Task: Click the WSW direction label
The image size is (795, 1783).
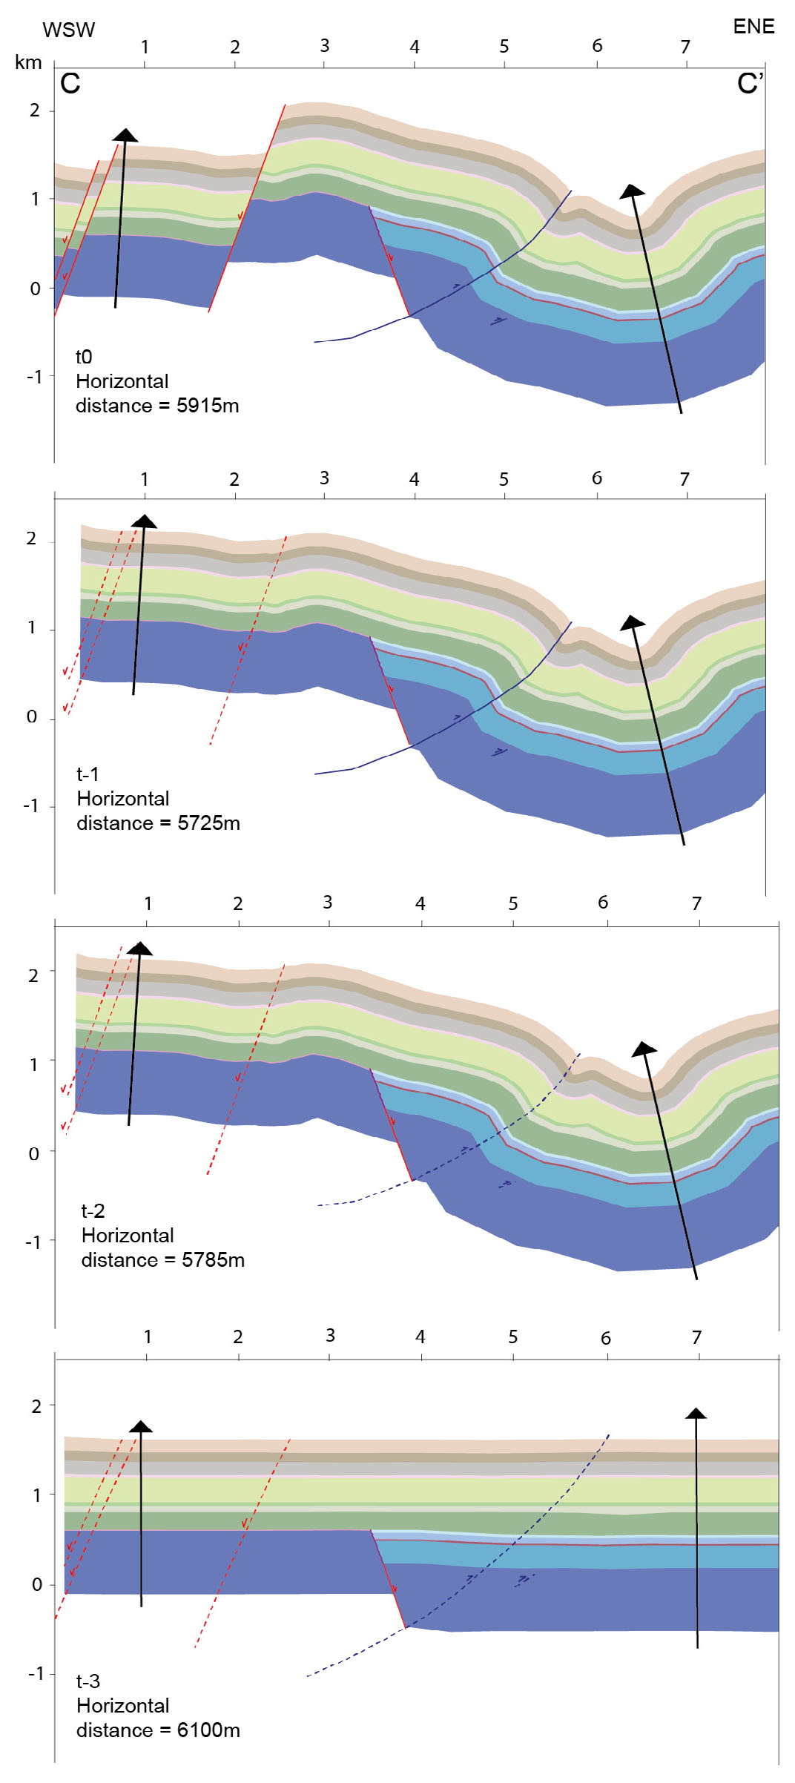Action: click(x=69, y=30)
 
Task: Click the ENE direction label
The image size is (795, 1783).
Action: click(x=753, y=27)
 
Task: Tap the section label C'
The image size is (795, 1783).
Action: click(x=750, y=83)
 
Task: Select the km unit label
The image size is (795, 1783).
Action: click(x=28, y=62)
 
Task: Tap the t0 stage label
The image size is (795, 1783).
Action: click(x=84, y=357)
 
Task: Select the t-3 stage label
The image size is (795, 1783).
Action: click(x=88, y=1681)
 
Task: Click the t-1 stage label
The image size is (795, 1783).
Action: click(x=88, y=774)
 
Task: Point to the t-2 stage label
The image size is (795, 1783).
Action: click(x=93, y=1211)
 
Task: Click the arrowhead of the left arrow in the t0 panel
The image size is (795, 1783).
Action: click(x=125, y=134)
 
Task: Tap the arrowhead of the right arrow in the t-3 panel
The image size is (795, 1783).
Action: click(x=696, y=1414)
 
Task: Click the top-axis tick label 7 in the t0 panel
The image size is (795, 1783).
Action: click(x=685, y=47)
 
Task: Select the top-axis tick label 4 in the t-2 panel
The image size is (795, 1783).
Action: click(x=420, y=903)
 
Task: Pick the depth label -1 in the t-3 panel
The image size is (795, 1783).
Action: click(x=36, y=1674)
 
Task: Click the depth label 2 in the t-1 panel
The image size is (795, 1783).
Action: click(x=31, y=538)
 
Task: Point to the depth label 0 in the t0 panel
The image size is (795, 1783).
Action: click(x=35, y=289)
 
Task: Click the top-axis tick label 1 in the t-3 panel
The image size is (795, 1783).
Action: click(x=148, y=1337)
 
